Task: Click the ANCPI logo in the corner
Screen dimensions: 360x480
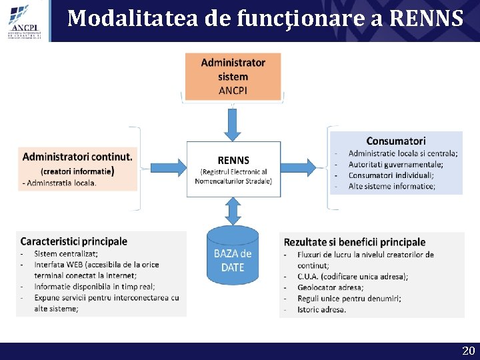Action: pos(24,20)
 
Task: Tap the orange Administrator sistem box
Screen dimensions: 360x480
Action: pos(233,77)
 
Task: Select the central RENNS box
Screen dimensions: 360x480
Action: pos(233,169)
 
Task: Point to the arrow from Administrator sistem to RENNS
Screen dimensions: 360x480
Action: pos(233,123)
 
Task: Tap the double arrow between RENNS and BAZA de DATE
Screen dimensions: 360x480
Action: pos(233,212)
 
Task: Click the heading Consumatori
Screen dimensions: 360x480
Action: pos(396,141)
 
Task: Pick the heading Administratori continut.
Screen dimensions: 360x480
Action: pos(77,157)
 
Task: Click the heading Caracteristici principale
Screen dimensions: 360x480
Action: pos(74,241)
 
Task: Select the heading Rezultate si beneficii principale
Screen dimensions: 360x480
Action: pos(355,242)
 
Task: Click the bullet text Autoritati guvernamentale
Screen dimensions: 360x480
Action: pos(395,164)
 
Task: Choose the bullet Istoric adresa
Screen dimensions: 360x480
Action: pos(322,309)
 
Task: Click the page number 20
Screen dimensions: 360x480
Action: pos(468,351)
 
